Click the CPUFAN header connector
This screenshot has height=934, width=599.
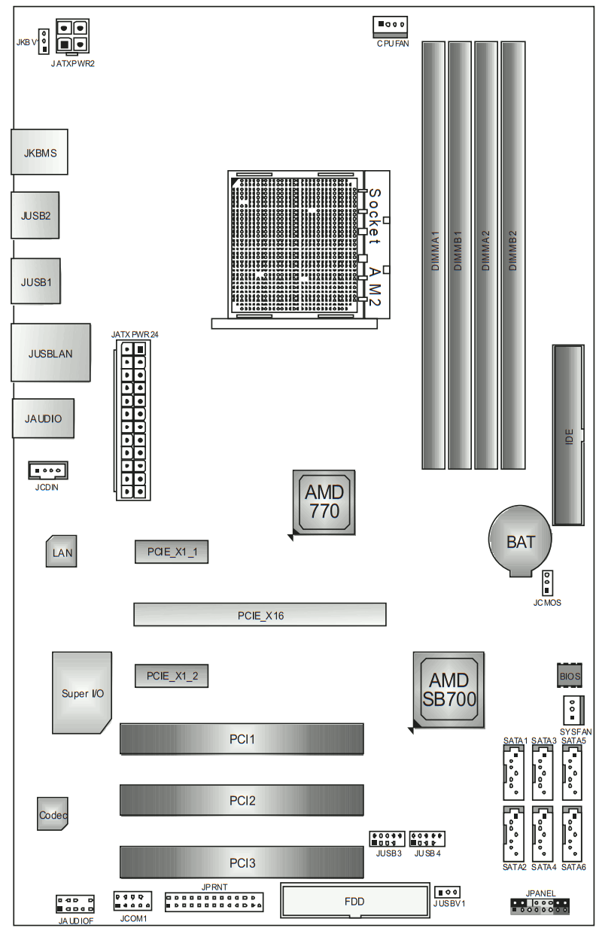pyautogui.click(x=389, y=26)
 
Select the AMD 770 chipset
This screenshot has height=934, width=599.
pyautogui.click(x=324, y=501)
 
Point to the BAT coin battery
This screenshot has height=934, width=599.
pyautogui.click(x=520, y=540)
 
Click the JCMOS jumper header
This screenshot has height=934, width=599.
pyautogui.click(x=547, y=583)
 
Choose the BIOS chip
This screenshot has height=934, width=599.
pyautogui.click(x=570, y=676)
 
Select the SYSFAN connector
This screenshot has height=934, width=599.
pyautogui.click(x=572, y=710)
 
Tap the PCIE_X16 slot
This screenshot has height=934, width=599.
pyautogui.click(x=260, y=615)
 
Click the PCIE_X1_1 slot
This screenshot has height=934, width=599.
pyautogui.click(x=172, y=552)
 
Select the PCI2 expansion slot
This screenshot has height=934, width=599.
pyautogui.click(x=242, y=800)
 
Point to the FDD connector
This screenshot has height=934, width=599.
pyautogui.click(x=354, y=900)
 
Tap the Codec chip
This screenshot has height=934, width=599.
pyautogui.click(x=53, y=814)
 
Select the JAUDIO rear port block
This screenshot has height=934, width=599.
pyautogui.click(x=44, y=418)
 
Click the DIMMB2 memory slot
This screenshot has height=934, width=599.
pyautogui.click(x=513, y=256)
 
